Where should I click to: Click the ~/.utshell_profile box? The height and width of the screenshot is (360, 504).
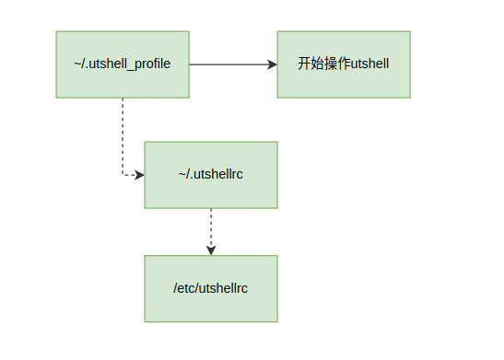[123, 64]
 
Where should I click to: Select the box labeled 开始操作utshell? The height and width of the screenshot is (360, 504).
[344, 64]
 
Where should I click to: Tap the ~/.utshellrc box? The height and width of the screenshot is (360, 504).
[211, 174]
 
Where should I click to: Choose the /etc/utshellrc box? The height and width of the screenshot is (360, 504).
[211, 288]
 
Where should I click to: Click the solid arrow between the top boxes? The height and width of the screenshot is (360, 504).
[230, 64]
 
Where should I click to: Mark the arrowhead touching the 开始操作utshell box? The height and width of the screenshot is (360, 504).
[272, 64]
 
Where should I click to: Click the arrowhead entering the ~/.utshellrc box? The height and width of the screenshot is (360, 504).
[139, 174]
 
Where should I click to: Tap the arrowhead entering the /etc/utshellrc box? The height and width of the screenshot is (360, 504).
[211, 250]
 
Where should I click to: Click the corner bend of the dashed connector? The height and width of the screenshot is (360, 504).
[123, 174]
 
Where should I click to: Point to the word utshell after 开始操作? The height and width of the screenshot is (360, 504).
[369, 64]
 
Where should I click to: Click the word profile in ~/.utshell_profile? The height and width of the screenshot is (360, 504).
[151, 64]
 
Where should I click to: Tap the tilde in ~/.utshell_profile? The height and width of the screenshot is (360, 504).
[78, 64]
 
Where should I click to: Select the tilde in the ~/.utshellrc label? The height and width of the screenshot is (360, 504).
[182, 174]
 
